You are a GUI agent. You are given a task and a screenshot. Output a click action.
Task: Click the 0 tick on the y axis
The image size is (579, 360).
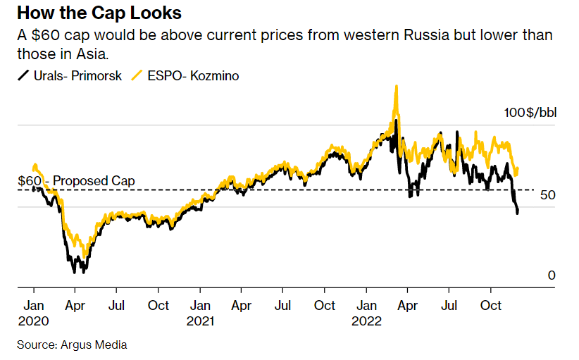click(x=552, y=275)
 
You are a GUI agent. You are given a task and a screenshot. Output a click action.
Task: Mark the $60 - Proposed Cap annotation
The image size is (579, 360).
click(x=75, y=181)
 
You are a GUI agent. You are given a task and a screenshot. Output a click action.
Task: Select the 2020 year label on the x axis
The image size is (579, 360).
click(x=34, y=321)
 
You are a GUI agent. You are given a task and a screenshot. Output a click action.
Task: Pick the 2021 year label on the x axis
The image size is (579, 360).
click(x=200, y=321)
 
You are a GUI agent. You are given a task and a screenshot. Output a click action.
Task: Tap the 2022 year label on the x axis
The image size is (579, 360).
click(x=366, y=321)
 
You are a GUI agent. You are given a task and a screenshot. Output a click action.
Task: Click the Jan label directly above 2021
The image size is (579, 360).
click(x=200, y=306)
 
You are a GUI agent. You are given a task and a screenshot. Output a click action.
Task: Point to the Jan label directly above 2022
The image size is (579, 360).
click(x=366, y=306)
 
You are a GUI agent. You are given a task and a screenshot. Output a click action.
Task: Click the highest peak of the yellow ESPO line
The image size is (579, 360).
click(x=397, y=87)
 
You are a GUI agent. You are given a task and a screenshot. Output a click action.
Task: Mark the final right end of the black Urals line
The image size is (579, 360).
click(x=518, y=213)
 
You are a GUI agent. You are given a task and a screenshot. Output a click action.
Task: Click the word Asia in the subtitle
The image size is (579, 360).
click(x=92, y=54)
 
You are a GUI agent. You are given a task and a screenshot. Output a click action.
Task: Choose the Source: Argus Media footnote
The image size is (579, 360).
click(x=72, y=345)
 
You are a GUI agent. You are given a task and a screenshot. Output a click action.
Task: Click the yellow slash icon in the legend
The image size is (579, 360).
click(x=137, y=75)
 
